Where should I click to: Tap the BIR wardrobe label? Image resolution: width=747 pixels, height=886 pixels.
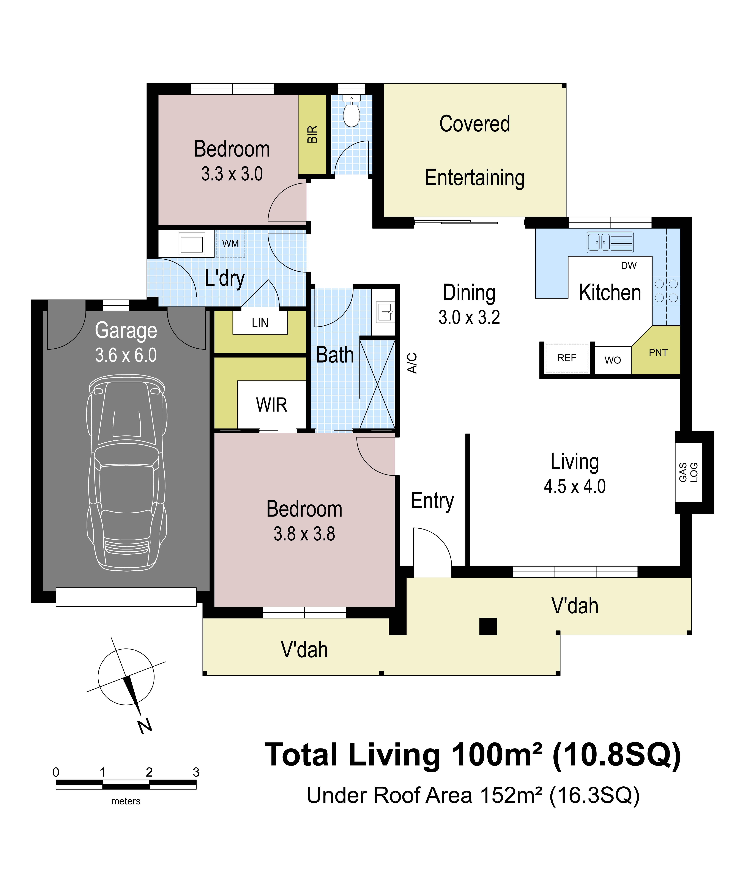coord(312,134)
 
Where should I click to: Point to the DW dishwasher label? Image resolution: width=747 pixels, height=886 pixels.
coord(629,266)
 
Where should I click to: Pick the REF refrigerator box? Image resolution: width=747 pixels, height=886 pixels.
coord(567,358)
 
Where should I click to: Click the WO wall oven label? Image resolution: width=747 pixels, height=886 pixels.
coord(613,360)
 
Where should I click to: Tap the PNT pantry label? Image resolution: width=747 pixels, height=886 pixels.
coord(658,352)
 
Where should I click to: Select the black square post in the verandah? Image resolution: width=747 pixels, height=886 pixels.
coord(488,626)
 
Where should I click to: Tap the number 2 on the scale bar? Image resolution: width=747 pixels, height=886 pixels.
coord(149,772)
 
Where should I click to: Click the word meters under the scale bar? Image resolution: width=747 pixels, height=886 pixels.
coord(126,801)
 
